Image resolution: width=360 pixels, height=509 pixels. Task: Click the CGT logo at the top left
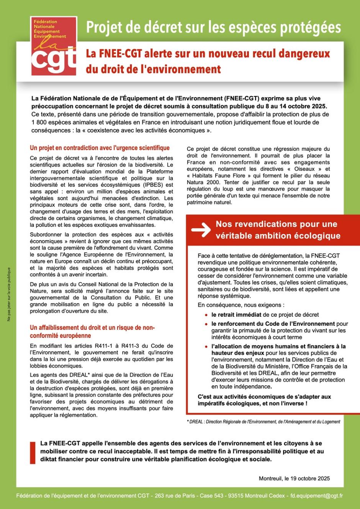click(54, 46)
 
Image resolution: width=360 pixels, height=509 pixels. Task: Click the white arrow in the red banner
click(201, 229)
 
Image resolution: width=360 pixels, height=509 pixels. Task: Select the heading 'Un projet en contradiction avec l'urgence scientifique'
click(100, 148)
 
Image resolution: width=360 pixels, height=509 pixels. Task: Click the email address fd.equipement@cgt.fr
click(316, 496)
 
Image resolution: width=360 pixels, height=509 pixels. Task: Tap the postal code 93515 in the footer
click(236, 496)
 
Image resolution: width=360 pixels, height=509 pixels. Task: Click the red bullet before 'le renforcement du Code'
click(206, 324)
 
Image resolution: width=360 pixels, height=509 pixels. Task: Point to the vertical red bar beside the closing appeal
click(33, 452)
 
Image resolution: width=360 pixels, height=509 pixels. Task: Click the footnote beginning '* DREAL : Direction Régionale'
click(263, 422)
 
